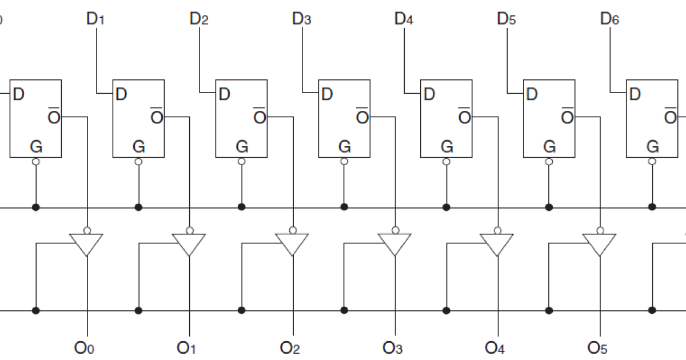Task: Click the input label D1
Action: coord(95,19)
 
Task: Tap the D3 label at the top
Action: coord(301,19)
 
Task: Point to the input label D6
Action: coord(609,19)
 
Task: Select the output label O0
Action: coord(85,347)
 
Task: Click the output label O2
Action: coord(290,347)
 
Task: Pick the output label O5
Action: coord(597,347)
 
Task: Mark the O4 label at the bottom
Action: coord(495,347)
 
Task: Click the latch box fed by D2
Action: coord(241,119)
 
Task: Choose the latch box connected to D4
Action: coord(446,119)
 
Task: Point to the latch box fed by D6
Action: coord(652,119)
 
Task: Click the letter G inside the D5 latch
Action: coord(549,147)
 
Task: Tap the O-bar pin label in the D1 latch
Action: coord(157,117)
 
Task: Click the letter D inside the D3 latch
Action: coord(326,94)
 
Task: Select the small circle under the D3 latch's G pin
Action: coord(344,162)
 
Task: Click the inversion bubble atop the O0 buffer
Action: coord(87,231)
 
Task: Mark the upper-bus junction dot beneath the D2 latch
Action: coord(241,207)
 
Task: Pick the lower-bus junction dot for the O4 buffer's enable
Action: coord(446,310)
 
